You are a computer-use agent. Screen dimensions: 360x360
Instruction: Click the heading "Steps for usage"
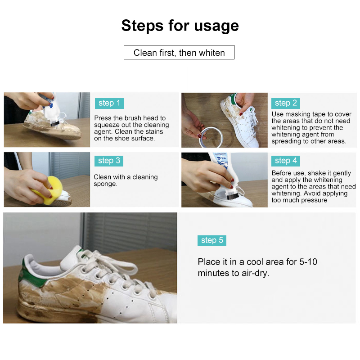180,26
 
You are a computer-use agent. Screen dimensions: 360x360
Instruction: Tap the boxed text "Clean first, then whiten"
179,53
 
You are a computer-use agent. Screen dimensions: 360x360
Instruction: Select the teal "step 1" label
109,103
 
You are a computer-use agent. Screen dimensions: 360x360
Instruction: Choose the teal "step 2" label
286,103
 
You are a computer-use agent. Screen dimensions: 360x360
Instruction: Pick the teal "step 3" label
109,161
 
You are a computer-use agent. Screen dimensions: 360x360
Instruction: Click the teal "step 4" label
286,161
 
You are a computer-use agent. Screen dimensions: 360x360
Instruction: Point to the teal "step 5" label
211,240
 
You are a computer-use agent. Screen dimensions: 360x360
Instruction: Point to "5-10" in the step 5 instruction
306,262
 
